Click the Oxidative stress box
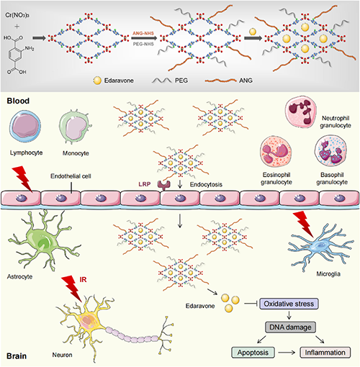coord(289,304)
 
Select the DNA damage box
coord(290,327)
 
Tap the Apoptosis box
coord(253,353)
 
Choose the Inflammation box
coord(325,353)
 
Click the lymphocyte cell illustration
coord(25,126)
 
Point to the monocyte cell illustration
coord(75,127)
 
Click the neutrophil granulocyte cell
coord(300,111)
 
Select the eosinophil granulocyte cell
coord(276,151)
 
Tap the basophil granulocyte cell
coord(330,150)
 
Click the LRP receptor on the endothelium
coord(164,185)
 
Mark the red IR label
coord(83,280)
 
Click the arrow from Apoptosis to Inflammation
coord(287,353)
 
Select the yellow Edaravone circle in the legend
coord(97,81)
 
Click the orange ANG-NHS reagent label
coord(143,33)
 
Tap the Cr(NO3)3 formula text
coord(17,15)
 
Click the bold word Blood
coord(18,101)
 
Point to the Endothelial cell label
coord(71,176)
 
